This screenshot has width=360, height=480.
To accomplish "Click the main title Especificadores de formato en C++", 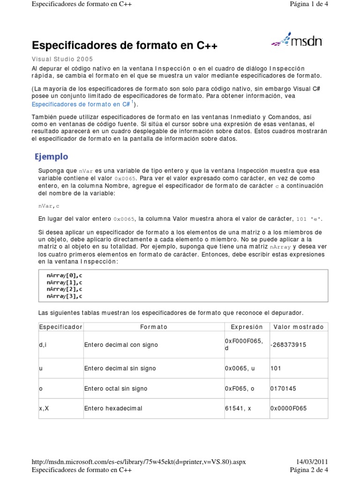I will tap(125, 45).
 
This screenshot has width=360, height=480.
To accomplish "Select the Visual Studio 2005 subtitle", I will tap(62, 59).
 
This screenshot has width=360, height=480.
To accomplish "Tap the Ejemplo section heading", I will tap(52, 157).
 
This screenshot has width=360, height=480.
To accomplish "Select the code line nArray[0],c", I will tap(65, 276).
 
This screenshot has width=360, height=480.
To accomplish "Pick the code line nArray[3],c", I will tap(65, 296).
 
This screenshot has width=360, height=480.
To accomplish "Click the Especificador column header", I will tap(60, 327).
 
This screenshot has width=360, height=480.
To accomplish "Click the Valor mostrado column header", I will tap(298, 327).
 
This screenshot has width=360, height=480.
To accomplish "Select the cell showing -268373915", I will tap(288, 345).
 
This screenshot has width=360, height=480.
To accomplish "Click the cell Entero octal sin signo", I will tap(116, 389).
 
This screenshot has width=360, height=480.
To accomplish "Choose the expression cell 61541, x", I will tap(238, 408).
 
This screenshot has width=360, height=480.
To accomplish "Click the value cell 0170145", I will tap(283, 389).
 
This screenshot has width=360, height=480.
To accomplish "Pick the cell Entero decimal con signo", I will tap(121, 345).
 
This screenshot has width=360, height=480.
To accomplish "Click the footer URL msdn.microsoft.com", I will tap(139, 462).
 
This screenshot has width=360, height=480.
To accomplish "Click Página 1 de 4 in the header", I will tap(309, 5).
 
